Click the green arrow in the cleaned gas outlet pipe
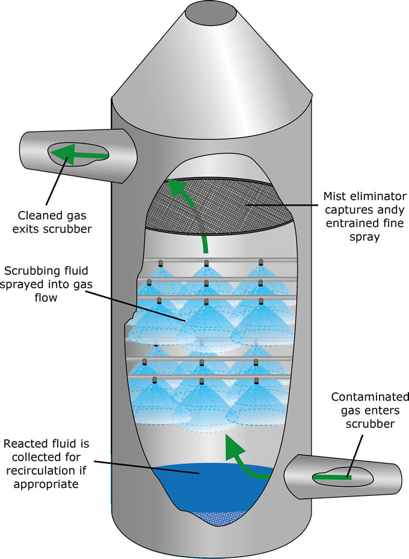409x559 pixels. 79,155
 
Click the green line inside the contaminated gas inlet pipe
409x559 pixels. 332,477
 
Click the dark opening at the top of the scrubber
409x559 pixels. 211,14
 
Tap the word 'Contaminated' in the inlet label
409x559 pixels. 370,397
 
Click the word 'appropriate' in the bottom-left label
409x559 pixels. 46,484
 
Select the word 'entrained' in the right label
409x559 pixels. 351,223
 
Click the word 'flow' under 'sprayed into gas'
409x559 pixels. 46,297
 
